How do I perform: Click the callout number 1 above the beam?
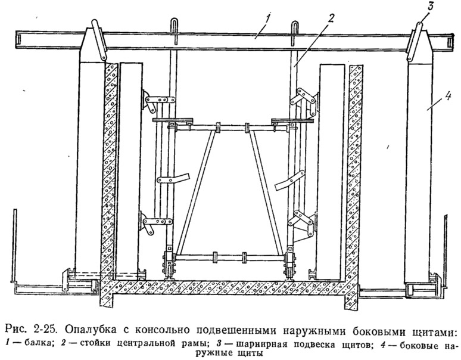point(267,18)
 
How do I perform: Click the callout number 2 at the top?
point(331,19)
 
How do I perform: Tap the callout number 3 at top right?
point(431,7)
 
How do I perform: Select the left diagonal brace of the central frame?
point(194,192)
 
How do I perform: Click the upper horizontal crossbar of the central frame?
point(231,128)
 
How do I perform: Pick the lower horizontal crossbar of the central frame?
point(230,258)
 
